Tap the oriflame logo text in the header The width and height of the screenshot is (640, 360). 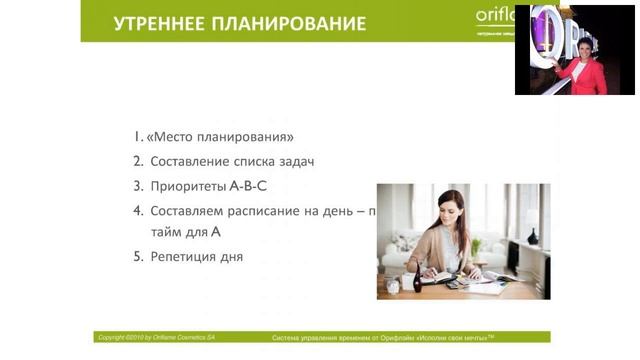coord(495,17)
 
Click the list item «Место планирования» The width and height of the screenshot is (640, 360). coord(226,137)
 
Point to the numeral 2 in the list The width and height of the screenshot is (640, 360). coord(138,161)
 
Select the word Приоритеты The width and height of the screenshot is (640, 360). coord(188,185)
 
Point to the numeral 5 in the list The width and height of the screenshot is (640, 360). coord(138,257)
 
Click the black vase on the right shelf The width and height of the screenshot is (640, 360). coord(532,237)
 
